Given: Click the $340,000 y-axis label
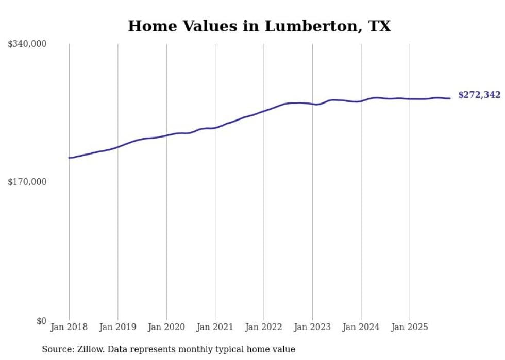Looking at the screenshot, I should click(27, 44).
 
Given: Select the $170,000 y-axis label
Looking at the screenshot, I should click(27, 182).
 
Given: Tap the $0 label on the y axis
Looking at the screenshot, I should click(41, 321).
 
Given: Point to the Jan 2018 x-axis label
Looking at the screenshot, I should click(69, 327).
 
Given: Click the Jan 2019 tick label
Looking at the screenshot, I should click(117, 327).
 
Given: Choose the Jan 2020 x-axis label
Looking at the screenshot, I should click(166, 327).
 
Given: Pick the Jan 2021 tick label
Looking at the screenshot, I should click(215, 327).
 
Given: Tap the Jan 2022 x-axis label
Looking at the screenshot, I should click(264, 327).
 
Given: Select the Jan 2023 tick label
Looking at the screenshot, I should click(312, 327).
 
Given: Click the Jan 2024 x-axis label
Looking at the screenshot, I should click(361, 327).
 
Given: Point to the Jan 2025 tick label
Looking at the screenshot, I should click(410, 327).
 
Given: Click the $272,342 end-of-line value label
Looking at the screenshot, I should click(479, 95).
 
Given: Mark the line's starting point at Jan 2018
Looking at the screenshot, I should click(69, 158).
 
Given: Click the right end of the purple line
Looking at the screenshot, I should click(450, 98).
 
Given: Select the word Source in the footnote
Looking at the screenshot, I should click(57, 349).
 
